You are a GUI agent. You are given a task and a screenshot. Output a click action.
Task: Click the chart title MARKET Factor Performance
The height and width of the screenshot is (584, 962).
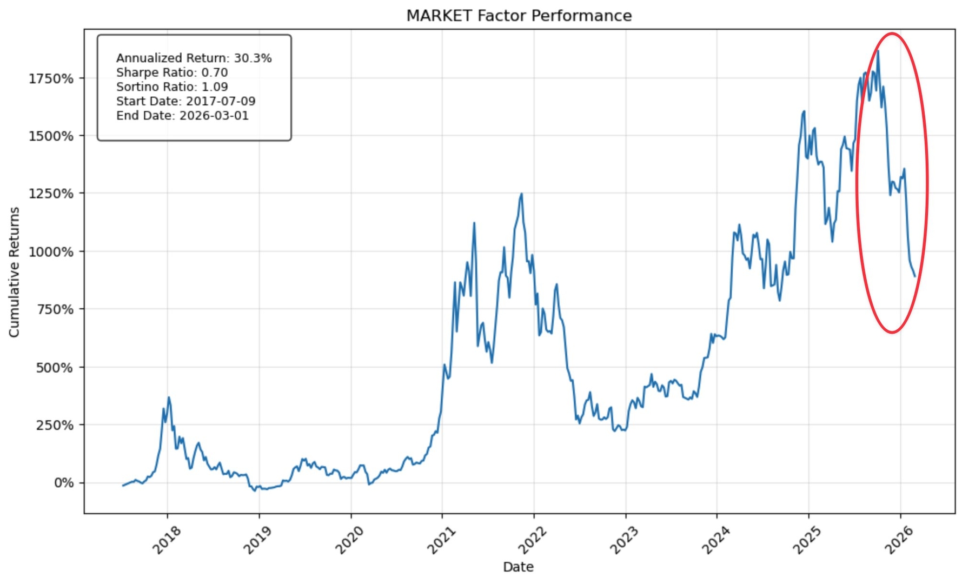pos(519,16)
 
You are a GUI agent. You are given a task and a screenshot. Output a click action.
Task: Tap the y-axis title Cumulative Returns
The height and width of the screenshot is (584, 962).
pos(14,272)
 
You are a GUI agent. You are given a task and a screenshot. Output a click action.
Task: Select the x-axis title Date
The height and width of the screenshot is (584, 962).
pos(518,567)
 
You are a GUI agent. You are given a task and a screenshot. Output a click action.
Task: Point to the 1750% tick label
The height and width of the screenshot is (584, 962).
pos(51,79)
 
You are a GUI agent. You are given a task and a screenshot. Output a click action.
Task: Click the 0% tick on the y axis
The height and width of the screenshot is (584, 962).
pos(63,483)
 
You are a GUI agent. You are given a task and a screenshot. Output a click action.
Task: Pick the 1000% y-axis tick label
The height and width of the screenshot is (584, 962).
pos(51,252)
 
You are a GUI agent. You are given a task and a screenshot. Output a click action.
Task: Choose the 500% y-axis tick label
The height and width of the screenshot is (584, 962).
pos(55,368)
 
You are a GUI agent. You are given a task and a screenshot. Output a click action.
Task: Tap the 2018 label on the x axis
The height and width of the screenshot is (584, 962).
pos(167,540)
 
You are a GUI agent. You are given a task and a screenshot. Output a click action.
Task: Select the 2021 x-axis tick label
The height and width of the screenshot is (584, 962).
pos(442,540)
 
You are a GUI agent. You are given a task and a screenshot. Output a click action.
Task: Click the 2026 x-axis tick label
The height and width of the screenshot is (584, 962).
pos(900,540)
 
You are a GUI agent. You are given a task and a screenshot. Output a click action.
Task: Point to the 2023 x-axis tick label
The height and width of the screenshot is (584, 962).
pos(625,540)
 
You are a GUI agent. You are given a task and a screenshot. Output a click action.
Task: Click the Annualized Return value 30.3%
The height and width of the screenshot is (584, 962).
pos(253,58)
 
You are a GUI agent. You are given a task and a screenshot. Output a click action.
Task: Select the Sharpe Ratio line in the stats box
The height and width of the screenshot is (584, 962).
pos(172,72)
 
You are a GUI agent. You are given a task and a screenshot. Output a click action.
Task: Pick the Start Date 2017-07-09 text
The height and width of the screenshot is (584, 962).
pos(186,101)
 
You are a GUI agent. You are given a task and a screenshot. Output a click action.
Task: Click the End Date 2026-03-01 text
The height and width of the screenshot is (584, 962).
pos(182,116)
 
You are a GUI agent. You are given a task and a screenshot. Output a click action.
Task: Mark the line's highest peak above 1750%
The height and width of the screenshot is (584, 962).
pos(878,51)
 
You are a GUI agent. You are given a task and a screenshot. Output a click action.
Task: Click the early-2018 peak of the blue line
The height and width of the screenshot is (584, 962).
pos(169,397)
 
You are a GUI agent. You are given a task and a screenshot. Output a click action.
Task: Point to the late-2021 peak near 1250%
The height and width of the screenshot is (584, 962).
pos(521,194)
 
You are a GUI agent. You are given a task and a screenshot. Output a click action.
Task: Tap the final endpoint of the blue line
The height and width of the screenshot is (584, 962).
pos(915,276)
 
